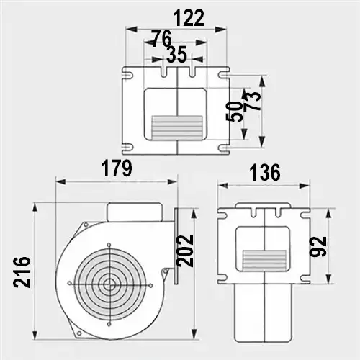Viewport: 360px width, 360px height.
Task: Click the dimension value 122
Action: [x=189, y=18]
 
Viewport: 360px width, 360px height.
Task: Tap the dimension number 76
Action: [x=162, y=38]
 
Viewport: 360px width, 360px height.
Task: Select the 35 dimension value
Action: [x=176, y=55]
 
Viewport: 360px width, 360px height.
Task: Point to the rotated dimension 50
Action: [x=233, y=112]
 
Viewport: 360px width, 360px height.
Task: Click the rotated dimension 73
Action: [x=252, y=102]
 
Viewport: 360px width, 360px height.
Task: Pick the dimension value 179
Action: [x=117, y=168]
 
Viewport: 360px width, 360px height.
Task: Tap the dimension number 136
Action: [x=265, y=172]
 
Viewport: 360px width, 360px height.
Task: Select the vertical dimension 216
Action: [x=22, y=272]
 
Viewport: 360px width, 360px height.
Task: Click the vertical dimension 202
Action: [x=185, y=251]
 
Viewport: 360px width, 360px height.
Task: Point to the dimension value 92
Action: [x=318, y=246]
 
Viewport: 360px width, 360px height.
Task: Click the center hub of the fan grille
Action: [x=109, y=284]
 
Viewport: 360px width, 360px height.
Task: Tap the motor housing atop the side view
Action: [x=135, y=212]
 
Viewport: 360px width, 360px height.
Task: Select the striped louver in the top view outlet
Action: [x=177, y=128]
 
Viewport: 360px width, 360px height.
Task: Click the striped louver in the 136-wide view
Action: [x=264, y=260]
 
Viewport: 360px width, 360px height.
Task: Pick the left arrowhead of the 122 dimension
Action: [x=131, y=30]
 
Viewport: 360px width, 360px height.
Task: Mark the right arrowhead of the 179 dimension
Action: [x=172, y=181]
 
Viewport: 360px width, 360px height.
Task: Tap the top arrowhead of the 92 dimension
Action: [x=329, y=214]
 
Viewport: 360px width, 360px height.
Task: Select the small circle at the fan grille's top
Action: [x=109, y=245]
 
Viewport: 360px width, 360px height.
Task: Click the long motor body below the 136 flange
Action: [x=264, y=313]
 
